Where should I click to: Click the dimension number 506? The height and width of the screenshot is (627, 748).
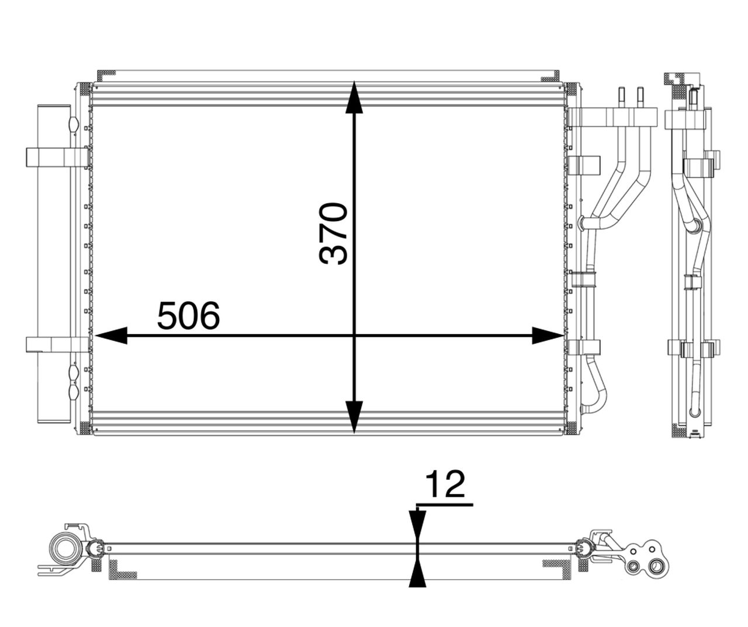pos(188,316)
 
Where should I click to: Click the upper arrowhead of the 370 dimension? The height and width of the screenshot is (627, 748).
pos(354,97)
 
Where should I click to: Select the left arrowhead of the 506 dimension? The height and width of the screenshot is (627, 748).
pos(111,336)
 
